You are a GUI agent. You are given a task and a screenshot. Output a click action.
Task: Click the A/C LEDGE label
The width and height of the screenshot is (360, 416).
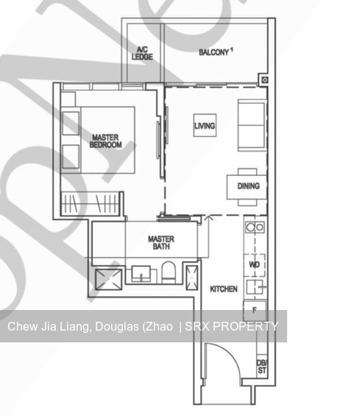click(x=141, y=53)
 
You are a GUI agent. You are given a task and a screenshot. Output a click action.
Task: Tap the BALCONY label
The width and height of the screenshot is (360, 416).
click(x=216, y=52)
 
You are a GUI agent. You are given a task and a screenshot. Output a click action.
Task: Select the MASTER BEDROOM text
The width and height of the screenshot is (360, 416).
click(x=105, y=141)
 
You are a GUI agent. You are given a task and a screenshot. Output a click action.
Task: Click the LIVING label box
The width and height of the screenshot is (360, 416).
click(x=205, y=126)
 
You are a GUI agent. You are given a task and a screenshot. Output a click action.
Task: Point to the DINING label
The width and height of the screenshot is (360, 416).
click(x=248, y=186)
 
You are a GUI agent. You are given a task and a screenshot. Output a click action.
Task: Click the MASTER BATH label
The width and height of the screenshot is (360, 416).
click(x=160, y=243)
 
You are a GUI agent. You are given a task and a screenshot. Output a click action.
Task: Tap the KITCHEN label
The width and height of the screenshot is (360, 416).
click(x=224, y=289)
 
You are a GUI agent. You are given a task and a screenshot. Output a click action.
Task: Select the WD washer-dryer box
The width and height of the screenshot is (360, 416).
click(x=255, y=264)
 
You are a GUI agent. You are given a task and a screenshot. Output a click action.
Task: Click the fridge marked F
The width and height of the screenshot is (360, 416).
click(x=255, y=311)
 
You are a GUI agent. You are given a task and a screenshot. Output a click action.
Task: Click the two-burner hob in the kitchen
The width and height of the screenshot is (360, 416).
click(x=255, y=228)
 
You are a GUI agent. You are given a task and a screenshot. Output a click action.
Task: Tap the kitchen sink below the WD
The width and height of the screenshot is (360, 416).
click(x=255, y=286)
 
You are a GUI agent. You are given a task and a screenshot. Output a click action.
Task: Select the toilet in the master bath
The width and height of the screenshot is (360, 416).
click(x=167, y=272)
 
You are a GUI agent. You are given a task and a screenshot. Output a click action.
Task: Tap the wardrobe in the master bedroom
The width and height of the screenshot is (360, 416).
click(x=88, y=201)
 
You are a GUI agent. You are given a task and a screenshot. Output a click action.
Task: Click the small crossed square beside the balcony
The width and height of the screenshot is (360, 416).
click(x=264, y=80)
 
